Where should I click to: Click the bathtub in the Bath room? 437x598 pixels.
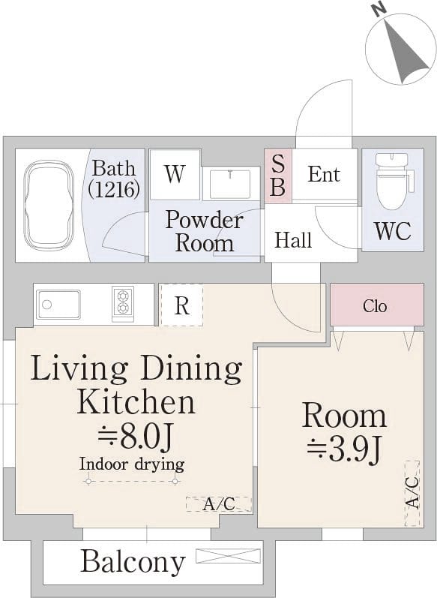49,205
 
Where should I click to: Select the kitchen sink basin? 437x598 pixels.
58,305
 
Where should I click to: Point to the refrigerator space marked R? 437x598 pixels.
182,305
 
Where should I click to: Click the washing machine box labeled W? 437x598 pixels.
175,174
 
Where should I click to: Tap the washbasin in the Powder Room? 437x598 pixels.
230,185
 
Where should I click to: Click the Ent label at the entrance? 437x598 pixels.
324,175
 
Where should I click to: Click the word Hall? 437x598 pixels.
293,240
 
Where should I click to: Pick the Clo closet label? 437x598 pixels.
375,306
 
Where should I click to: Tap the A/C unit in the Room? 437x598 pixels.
412,494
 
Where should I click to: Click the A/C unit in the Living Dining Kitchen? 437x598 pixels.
219,504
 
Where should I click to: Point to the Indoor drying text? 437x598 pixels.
132,464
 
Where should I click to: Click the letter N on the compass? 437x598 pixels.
379,11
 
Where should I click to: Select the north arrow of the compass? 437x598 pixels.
406,53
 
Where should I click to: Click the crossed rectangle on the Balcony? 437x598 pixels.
229,556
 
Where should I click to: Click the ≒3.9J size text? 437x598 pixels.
343,450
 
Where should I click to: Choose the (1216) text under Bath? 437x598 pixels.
114,189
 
